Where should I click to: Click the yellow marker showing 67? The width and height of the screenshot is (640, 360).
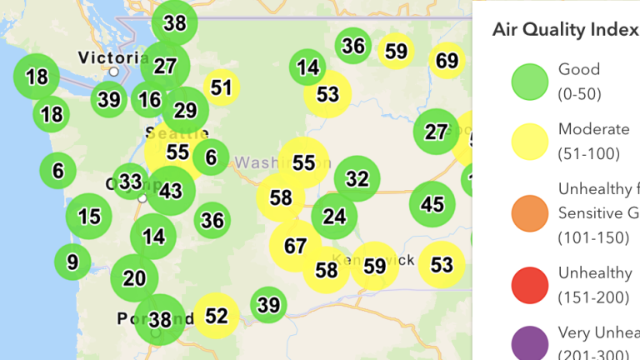pos(295,246)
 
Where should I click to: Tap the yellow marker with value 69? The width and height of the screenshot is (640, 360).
pos(447,61)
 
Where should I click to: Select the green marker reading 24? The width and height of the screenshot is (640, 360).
pos(334,217)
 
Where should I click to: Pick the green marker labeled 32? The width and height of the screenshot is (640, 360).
pos(357,179)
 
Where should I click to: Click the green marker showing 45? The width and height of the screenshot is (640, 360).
pos(432,204)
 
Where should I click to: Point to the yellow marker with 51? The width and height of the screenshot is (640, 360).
pos(221,87)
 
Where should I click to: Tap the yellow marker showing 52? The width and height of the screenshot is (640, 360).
pos(217,315)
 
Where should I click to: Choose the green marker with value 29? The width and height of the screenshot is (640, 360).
pos(185,110)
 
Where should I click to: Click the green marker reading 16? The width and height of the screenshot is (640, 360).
pos(150,100)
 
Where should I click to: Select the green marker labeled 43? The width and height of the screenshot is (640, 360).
pos(171,192)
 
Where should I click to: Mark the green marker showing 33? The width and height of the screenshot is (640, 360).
pos(130,182)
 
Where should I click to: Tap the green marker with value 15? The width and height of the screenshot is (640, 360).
pos(88,217)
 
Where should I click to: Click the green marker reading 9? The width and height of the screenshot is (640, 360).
pos(72,262)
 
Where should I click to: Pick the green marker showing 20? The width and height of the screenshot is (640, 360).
pos(134,277)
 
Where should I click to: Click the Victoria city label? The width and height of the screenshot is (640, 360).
pos(112,58)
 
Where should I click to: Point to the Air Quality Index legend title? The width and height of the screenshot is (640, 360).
pos(565,31)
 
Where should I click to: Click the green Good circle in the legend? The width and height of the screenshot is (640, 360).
pos(529,81)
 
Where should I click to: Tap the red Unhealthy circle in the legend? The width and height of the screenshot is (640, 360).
pos(529,283)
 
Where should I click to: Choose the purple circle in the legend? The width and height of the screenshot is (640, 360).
pos(529,343)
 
